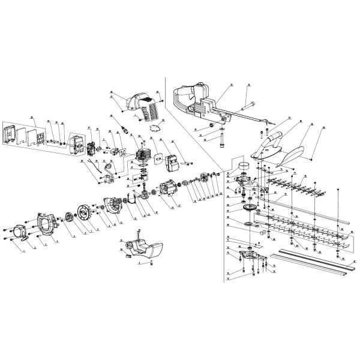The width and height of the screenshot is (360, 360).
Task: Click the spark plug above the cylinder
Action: coord(125,128)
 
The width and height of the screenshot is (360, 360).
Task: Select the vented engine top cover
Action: coord(143,104)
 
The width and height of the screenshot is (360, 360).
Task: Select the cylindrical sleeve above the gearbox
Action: coord(244,166)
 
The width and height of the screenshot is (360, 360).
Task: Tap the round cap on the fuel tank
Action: coord(128,254)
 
